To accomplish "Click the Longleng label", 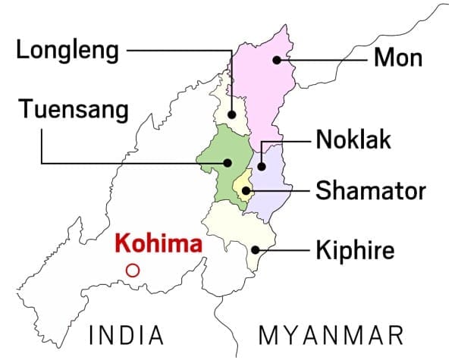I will [x=67, y=52].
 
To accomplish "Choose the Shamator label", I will [x=370, y=190].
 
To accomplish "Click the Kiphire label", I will [x=356, y=249].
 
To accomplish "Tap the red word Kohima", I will [x=158, y=244].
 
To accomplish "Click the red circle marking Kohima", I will [x=133, y=269].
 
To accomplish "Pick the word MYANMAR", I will [x=331, y=334].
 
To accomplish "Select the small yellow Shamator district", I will [x=242, y=186].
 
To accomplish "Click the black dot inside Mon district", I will [x=278, y=59].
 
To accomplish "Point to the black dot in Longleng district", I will [x=232, y=115].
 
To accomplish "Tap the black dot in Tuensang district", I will [x=227, y=161].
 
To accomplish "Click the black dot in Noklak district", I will [x=261, y=167].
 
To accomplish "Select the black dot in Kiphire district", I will [x=256, y=249].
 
